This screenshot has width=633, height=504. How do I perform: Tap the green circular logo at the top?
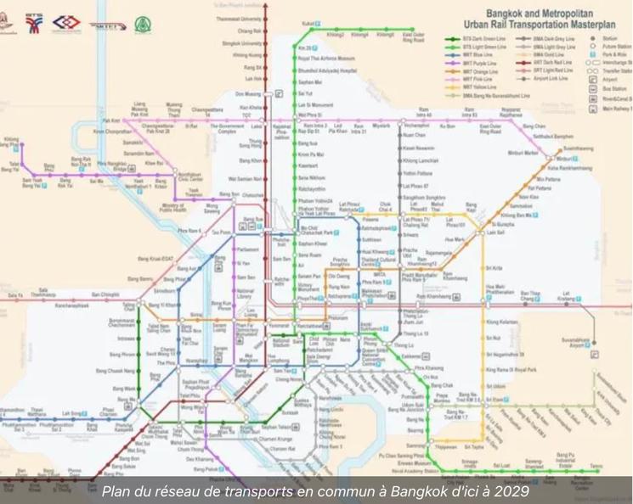(x=142, y=23)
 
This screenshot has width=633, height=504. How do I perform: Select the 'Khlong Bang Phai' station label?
(x=10, y=143)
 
